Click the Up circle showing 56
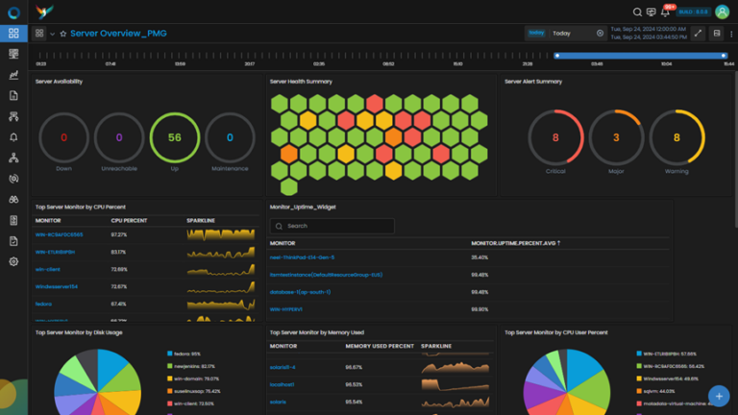[x=174, y=137]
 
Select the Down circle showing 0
[x=63, y=137]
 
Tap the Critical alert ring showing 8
[x=555, y=137]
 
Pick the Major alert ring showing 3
[x=616, y=137]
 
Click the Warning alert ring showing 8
[x=676, y=137]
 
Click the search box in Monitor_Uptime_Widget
[x=332, y=226]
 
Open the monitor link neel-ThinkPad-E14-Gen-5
[x=304, y=257]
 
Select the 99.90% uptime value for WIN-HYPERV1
[x=480, y=309]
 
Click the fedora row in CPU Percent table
[x=43, y=304]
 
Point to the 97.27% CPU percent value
[x=119, y=234]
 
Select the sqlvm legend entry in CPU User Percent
[x=656, y=391]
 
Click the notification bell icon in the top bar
[x=665, y=12]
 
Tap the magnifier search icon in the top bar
[x=637, y=12]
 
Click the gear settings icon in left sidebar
[x=13, y=261]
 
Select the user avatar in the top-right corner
[x=722, y=12]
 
